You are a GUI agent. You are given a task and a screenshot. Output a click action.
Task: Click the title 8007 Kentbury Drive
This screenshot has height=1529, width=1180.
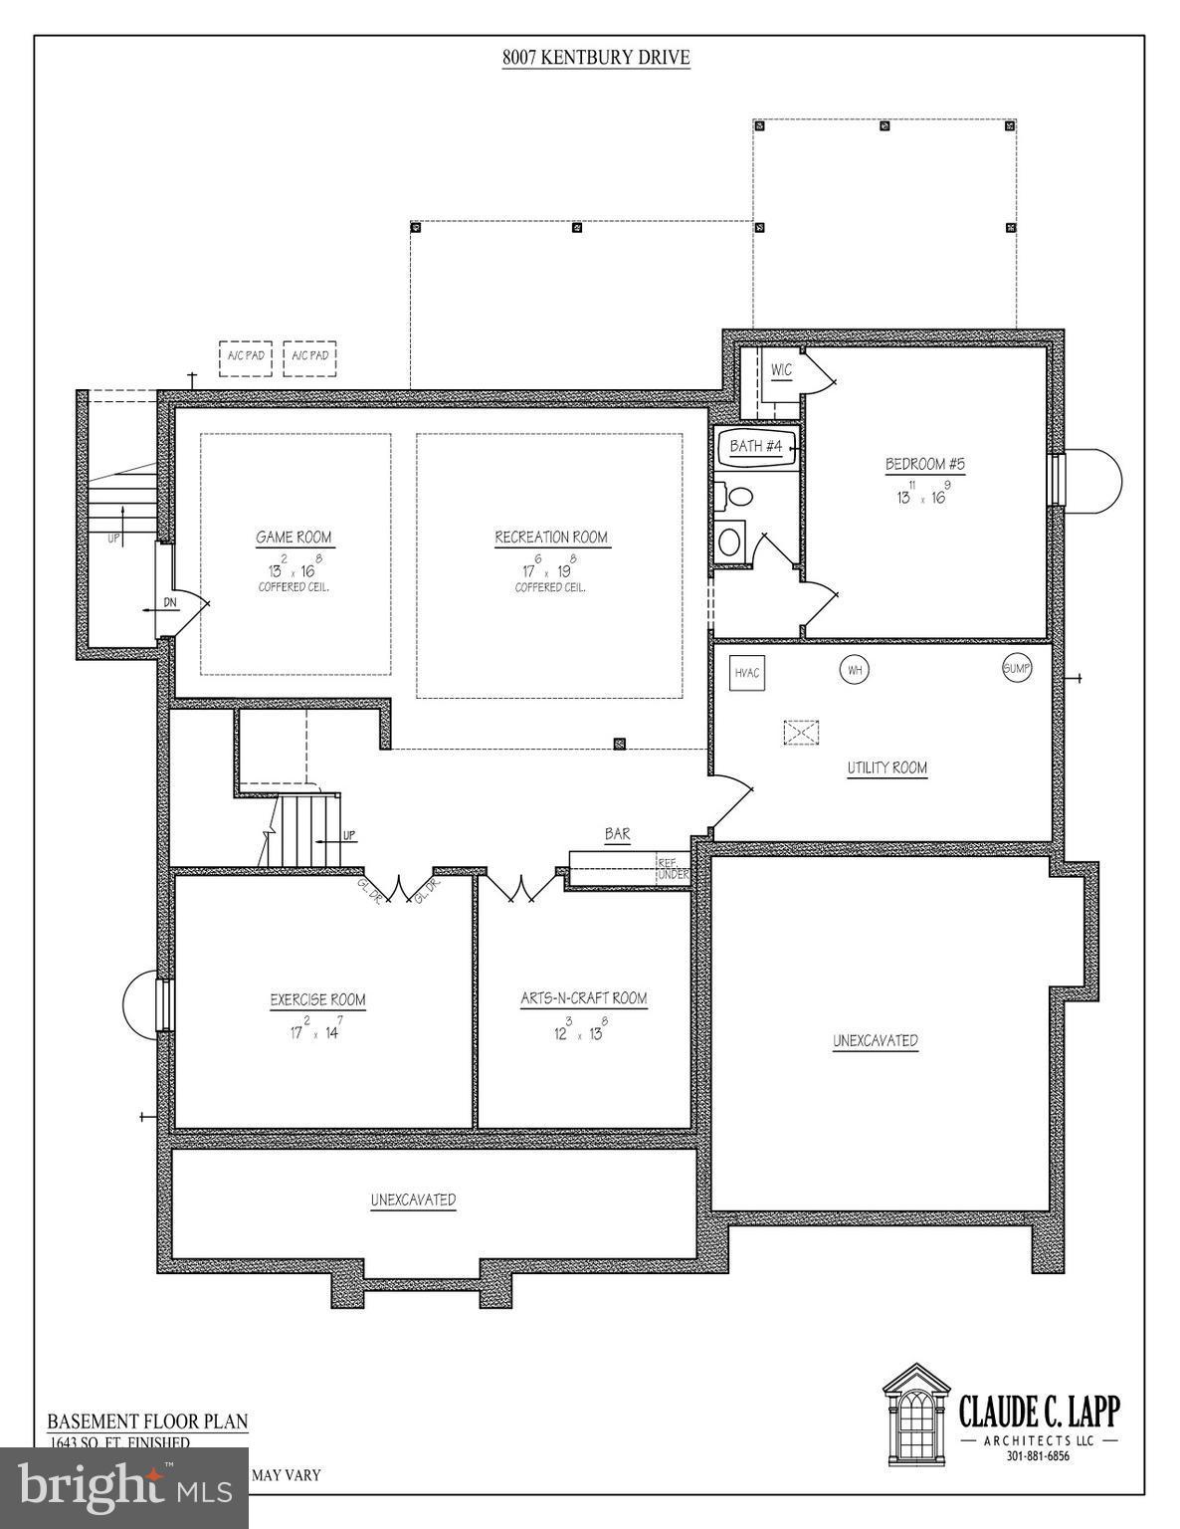point(595,58)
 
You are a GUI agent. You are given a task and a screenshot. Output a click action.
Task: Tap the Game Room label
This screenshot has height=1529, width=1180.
point(294,538)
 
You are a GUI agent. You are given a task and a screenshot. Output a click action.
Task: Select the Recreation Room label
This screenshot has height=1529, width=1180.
point(551,538)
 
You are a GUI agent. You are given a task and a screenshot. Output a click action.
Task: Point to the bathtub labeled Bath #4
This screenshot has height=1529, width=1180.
point(756,447)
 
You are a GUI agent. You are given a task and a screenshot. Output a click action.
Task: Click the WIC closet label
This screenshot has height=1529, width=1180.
point(782,371)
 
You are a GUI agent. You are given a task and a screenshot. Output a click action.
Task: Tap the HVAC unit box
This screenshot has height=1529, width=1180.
point(747,673)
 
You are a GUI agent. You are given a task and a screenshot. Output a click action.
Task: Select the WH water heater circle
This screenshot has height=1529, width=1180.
point(854,670)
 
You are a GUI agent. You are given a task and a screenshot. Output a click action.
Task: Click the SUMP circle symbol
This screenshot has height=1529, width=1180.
point(1016,668)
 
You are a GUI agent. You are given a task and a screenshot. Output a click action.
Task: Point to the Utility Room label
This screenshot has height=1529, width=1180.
point(886,768)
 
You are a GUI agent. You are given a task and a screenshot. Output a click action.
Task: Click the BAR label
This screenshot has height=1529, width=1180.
point(617,834)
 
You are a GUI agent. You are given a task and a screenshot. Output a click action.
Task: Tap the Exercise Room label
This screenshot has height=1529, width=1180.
point(317,1000)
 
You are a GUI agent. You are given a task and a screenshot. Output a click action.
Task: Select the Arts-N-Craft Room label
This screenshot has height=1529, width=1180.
point(584,998)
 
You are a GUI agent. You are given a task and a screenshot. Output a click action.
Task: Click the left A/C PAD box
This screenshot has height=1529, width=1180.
point(245,357)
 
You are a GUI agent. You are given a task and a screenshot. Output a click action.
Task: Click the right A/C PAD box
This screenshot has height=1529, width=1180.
point(309,357)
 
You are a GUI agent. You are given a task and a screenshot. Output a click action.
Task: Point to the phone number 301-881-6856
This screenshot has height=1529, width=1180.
point(1038,1456)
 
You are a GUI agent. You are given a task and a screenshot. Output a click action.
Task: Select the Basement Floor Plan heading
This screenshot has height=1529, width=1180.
point(147,1421)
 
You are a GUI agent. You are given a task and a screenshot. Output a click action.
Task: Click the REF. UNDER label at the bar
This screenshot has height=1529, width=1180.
point(673,868)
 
